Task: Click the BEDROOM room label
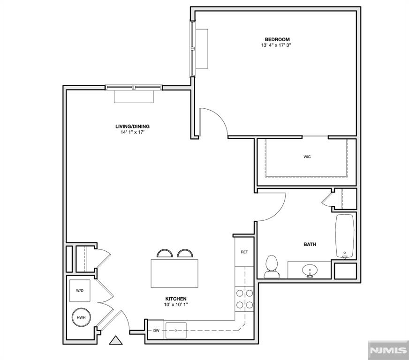(x=277, y=39)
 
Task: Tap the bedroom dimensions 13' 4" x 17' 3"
(x=277, y=45)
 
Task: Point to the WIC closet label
(x=307, y=157)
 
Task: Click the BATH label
(x=310, y=244)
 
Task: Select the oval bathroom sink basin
(x=310, y=270)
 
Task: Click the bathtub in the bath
(x=345, y=236)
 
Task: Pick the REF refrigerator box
(x=244, y=252)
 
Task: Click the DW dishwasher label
(x=156, y=331)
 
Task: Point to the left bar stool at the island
(x=165, y=254)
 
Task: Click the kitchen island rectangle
(x=174, y=273)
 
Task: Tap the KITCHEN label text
(x=176, y=299)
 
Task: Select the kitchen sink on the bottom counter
(x=176, y=330)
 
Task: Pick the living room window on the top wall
(x=134, y=87)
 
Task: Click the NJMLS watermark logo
(x=388, y=350)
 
